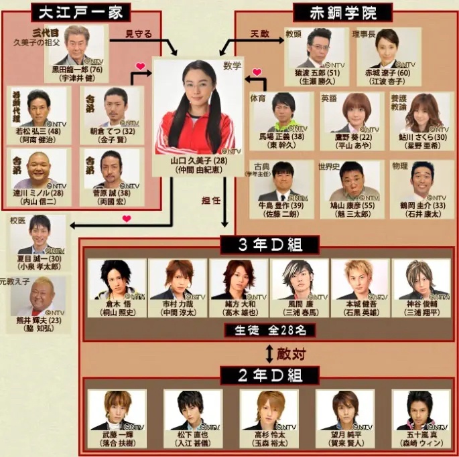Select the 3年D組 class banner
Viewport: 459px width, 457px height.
coord(267,245)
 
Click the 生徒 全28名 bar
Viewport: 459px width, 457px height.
coord(267,330)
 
